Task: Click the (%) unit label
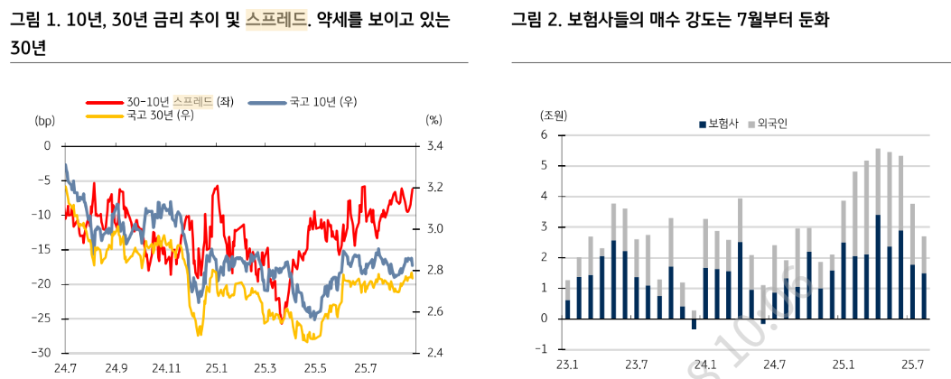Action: pos(434,119)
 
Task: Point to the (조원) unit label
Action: pos(553,116)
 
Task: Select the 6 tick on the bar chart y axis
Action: pos(545,135)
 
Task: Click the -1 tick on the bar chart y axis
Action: pos(542,349)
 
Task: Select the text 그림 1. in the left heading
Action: pos(33,20)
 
